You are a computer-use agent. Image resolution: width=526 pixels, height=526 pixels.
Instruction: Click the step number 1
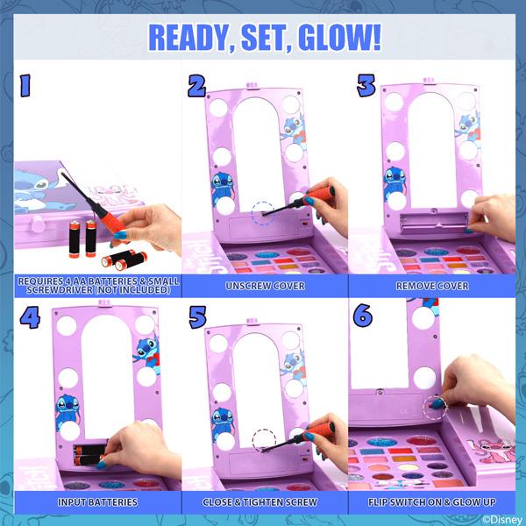[25, 86]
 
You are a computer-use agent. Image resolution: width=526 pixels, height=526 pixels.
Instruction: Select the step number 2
[196, 86]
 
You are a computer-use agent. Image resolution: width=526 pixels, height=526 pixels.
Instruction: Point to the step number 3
[366, 86]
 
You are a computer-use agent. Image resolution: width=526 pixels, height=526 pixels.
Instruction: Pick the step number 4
[30, 316]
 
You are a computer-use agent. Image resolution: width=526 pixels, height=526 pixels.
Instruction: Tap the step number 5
[197, 316]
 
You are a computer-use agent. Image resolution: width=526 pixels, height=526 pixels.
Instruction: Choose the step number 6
[363, 316]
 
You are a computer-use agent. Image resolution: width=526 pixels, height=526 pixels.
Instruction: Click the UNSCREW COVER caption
[265, 286]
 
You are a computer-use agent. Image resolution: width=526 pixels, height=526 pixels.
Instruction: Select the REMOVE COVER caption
[432, 286]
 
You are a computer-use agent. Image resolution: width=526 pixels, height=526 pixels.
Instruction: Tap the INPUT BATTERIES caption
[97, 501]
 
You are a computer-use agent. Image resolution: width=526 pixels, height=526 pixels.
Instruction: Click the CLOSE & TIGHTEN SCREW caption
[259, 501]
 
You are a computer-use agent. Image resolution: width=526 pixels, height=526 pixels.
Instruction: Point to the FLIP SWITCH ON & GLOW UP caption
[431, 501]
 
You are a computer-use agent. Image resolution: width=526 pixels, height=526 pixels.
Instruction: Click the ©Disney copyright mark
[503, 520]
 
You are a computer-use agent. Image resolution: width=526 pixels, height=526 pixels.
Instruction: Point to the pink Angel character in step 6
[493, 451]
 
